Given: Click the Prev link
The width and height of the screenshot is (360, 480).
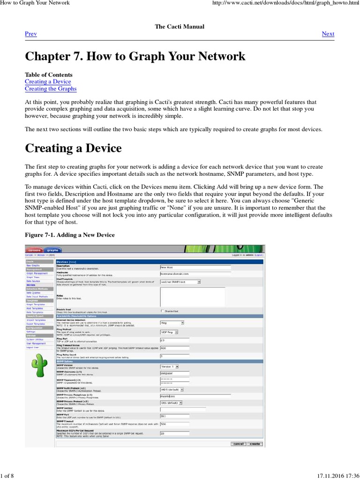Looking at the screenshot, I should [30, 34].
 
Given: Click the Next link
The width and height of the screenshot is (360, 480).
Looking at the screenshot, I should [328, 34].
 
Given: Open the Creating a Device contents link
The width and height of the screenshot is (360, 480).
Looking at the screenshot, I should [48, 82].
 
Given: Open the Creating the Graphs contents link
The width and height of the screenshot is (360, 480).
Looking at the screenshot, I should [50, 89].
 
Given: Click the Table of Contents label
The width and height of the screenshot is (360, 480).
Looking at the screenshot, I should [48, 75].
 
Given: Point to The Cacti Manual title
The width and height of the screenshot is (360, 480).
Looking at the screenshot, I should [180, 27].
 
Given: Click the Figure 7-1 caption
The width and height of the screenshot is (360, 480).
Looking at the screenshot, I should [69, 234].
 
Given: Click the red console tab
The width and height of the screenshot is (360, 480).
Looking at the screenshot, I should [35, 250].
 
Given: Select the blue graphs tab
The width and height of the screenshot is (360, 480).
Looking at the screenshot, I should [52, 250].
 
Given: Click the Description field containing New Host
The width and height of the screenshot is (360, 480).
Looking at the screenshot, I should [195, 267].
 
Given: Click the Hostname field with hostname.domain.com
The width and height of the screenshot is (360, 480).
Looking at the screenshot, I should [195, 273].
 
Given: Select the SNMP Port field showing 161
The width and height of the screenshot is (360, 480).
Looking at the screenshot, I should [174, 415].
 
